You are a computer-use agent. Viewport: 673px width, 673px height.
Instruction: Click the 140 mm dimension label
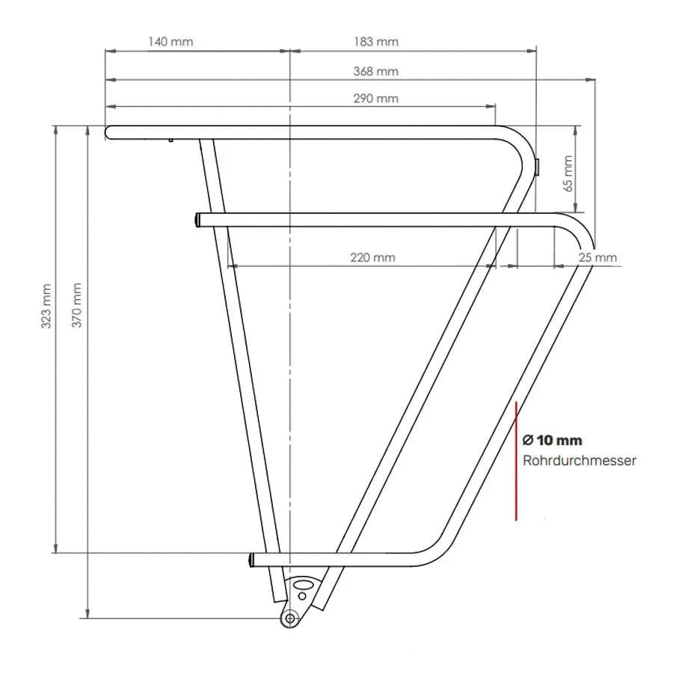(170, 42)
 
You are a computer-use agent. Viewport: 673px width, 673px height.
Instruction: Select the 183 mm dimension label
(376, 42)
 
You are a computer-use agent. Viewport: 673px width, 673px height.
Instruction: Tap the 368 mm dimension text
(376, 71)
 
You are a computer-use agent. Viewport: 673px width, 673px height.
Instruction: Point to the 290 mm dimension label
(376, 98)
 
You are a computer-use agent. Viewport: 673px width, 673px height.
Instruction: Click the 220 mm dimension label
(372, 257)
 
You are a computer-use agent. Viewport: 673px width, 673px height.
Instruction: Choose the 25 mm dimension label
(597, 257)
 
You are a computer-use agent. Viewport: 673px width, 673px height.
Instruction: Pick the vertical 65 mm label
(568, 173)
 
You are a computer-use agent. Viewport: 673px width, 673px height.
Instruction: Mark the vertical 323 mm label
(46, 306)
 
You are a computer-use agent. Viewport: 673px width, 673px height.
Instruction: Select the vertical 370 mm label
(76, 305)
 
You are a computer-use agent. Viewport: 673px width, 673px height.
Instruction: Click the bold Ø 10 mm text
(552, 440)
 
